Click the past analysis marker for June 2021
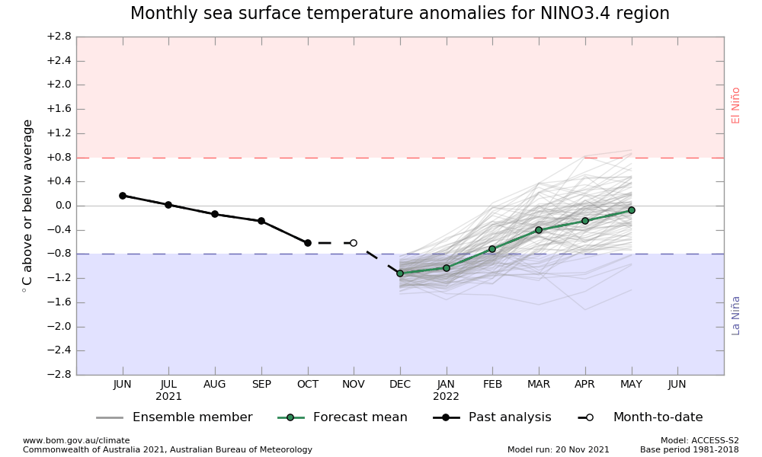click(123, 196)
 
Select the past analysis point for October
click(308, 243)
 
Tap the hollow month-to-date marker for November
click(354, 243)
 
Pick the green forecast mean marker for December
click(400, 273)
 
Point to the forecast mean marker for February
click(492, 249)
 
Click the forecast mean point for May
click(632, 210)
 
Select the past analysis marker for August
click(215, 214)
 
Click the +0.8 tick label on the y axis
click(58, 158)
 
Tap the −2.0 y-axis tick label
click(58, 327)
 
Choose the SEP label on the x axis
click(261, 385)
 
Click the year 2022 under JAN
click(447, 397)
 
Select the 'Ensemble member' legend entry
click(192, 417)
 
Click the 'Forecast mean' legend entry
click(360, 417)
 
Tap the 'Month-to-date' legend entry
click(658, 417)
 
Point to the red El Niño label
click(736, 105)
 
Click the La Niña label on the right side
click(736, 315)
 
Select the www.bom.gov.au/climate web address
click(76, 440)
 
